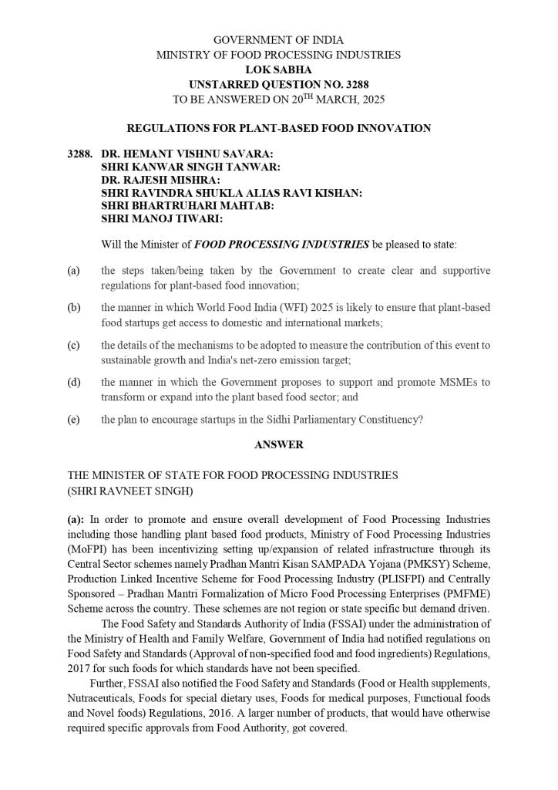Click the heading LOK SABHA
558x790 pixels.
tap(278, 69)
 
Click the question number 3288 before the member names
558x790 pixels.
tap(80, 154)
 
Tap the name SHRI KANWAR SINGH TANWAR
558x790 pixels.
tap(190, 167)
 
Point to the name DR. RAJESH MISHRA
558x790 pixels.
tap(160, 180)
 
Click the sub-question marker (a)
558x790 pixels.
tap(74, 271)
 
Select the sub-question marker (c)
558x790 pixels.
tap(74, 345)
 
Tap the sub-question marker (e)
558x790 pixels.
tap(74, 420)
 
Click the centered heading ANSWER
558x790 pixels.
tap(278, 445)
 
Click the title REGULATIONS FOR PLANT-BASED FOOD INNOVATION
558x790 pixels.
tap(278, 128)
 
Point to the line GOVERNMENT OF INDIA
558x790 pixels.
tap(278, 40)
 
